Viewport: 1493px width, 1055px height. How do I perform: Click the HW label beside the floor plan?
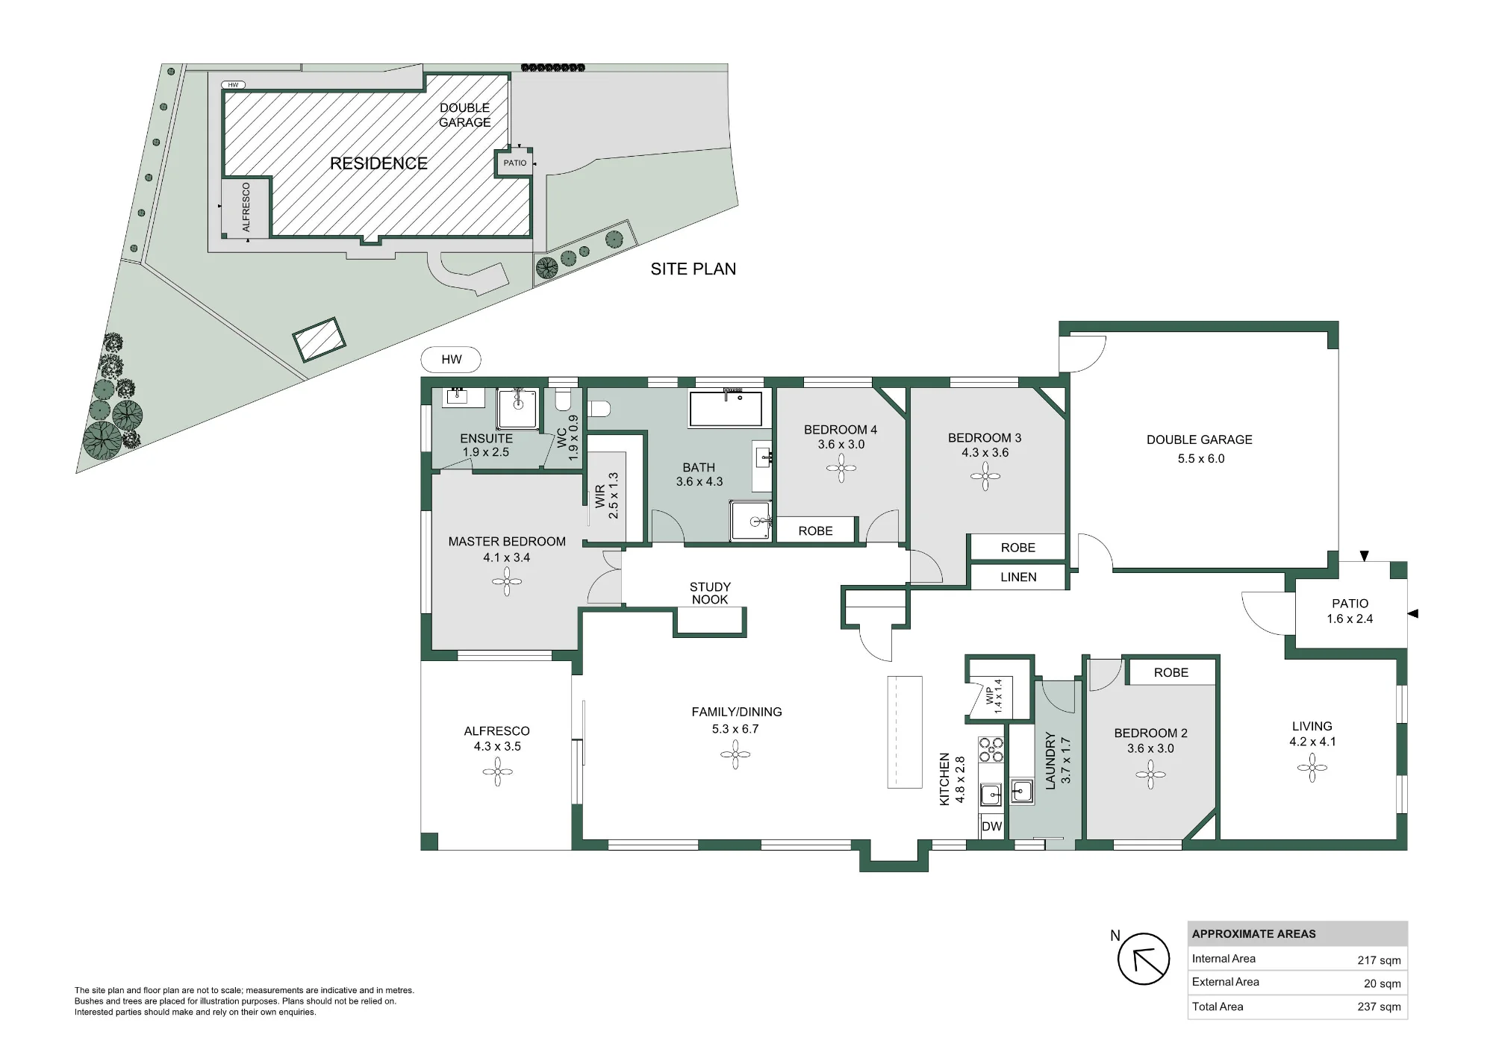pyautogui.click(x=451, y=360)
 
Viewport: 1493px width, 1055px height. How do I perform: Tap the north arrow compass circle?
pyautogui.click(x=1143, y=959)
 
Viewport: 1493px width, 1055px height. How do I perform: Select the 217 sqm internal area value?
pyautogui.click(x=1379, y=960)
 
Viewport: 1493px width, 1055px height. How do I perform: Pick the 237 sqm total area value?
pyautogui.click(x=1379, y=1007)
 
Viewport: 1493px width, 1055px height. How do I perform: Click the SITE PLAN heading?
pyautogui.click(x=693, y=269)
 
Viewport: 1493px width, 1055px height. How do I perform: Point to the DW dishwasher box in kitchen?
pyautogui.click(x=991, y=826)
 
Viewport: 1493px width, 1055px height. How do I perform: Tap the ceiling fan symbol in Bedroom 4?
pyautogui.click(x=841, y=469)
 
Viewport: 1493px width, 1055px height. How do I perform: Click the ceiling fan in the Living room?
pyautogui.click(x=1312, y=768)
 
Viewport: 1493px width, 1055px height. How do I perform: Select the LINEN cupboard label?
pyautogui.click(x=1018, y=577)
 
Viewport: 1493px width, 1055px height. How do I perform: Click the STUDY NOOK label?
pyautogui.click(x=710, y=593)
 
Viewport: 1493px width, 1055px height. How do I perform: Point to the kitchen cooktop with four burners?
pyautogui.click(x=991, y=750)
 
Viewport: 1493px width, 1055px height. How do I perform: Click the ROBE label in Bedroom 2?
pyautogui.click(x=1171, y=672)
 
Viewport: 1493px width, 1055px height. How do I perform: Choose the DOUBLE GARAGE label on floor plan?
pyautogui.click(x=1200, y=439)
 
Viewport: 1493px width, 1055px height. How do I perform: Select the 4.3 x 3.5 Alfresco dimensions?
pyautogui.click(x=497, y=746)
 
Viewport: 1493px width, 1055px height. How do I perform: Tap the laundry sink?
pyautogui.click(x=1021, y=790)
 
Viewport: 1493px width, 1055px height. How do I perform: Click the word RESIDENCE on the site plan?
pyautogui.click(x=378, y=163)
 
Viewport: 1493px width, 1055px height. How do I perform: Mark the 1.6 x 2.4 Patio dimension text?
pyautogui.click(x=1350, y=619)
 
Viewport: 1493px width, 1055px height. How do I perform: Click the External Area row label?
pyautogui.click(x=1225, y=982)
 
